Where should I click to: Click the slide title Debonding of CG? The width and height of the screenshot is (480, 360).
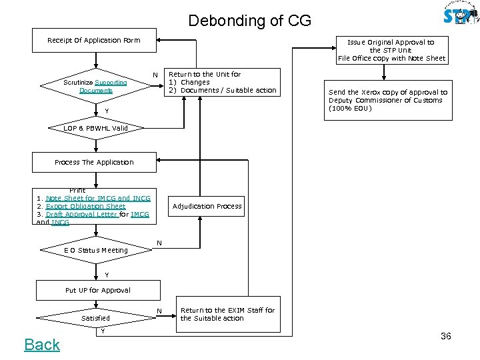[249, 21]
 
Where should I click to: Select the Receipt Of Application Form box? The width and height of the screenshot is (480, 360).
[94, 41]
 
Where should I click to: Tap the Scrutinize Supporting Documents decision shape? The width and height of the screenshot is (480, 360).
[95, 87]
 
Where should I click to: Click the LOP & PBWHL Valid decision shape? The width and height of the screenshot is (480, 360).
[95, 128]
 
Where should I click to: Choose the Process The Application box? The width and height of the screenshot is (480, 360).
[94, 162]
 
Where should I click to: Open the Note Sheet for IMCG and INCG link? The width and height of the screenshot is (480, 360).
[98, 198]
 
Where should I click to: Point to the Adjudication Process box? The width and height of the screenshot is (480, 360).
[207, 206]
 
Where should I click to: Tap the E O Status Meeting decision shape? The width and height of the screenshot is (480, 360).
[95, 251]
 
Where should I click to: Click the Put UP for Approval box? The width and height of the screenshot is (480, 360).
[98, 290]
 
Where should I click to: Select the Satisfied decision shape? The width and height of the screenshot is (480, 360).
[95, 318]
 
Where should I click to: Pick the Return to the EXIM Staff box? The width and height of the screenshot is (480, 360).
[228, 314]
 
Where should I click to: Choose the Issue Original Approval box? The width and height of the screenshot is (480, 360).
[391, 50]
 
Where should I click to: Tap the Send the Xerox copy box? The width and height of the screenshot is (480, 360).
[387, 101]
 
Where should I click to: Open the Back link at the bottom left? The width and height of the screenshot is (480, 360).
[42, 345]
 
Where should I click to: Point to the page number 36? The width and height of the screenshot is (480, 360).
[446, 336]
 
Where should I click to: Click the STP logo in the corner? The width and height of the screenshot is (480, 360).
[461, 14]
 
